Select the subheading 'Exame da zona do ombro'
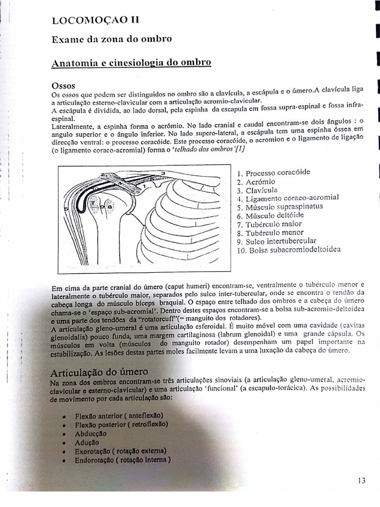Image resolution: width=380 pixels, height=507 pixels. (x=111, y=40)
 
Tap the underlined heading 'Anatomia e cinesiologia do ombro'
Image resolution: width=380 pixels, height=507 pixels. (x=132, y=63)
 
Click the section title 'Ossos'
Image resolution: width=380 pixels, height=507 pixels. (x=62, y=85)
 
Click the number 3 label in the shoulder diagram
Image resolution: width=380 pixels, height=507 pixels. (x=163, y=173)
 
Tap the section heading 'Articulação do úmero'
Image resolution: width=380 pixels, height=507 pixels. (x=99, y=372)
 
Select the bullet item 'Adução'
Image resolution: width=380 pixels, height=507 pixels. (x=87, y=442)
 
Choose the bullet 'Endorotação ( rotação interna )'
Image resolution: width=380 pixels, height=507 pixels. (x=123, y=460)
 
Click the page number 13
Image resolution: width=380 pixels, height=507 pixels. (x=361, y=480)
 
